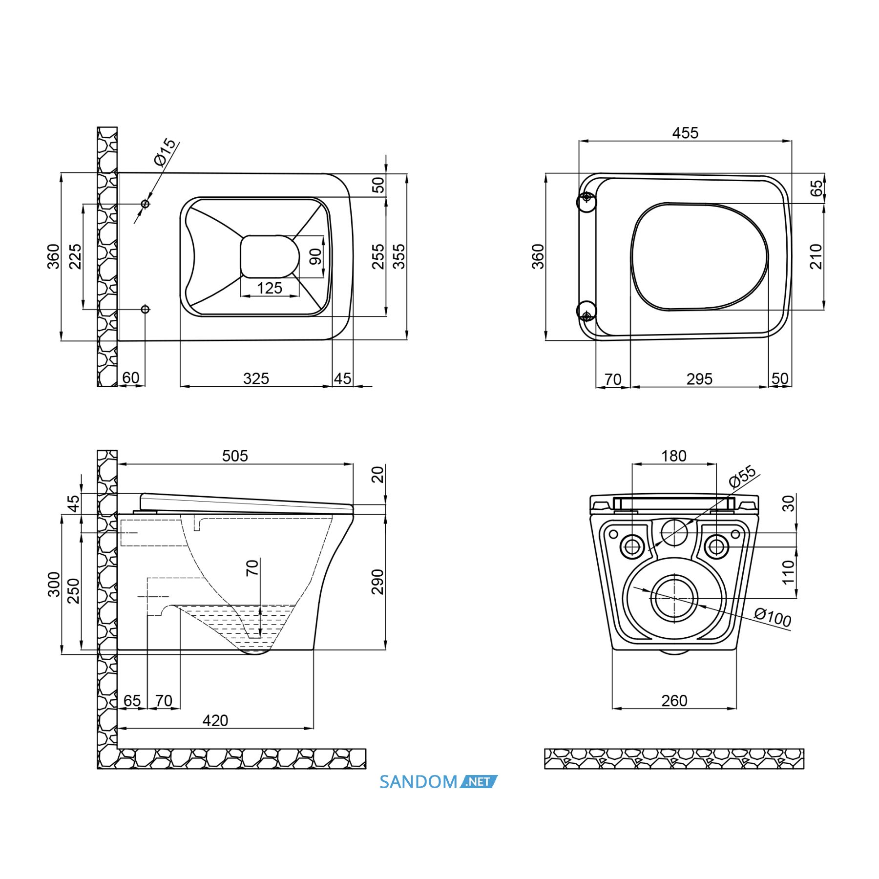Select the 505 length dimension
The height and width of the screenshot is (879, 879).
tap(235, 456)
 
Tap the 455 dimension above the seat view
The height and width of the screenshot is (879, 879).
tap(685, 133)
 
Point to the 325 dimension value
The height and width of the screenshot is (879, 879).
tap(256, 378)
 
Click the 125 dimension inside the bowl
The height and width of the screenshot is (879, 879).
tap(270, 288)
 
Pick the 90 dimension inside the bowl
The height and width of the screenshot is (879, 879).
tap(315, 256)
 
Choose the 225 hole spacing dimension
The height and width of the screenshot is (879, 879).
tap(75, 256)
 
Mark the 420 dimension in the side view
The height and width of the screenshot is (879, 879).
tap(215, 720)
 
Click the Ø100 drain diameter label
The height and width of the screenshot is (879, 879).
tap(772, 617)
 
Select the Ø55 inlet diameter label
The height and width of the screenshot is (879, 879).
tap(742, 477)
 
